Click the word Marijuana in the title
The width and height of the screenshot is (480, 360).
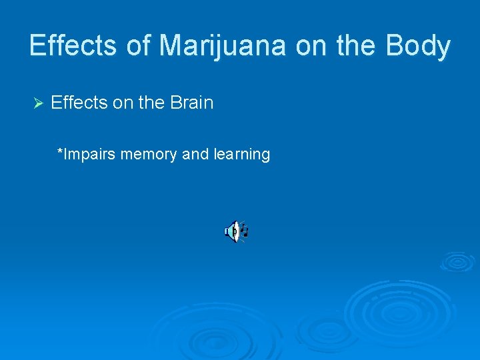222,46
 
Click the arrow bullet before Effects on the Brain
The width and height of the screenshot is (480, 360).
37,103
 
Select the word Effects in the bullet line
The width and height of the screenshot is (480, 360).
79,103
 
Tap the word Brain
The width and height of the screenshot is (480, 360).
191,103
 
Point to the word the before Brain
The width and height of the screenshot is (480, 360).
150,103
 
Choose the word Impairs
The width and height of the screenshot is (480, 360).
90,155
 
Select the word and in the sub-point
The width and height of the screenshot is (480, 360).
195,155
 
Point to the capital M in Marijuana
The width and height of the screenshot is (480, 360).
170,46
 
